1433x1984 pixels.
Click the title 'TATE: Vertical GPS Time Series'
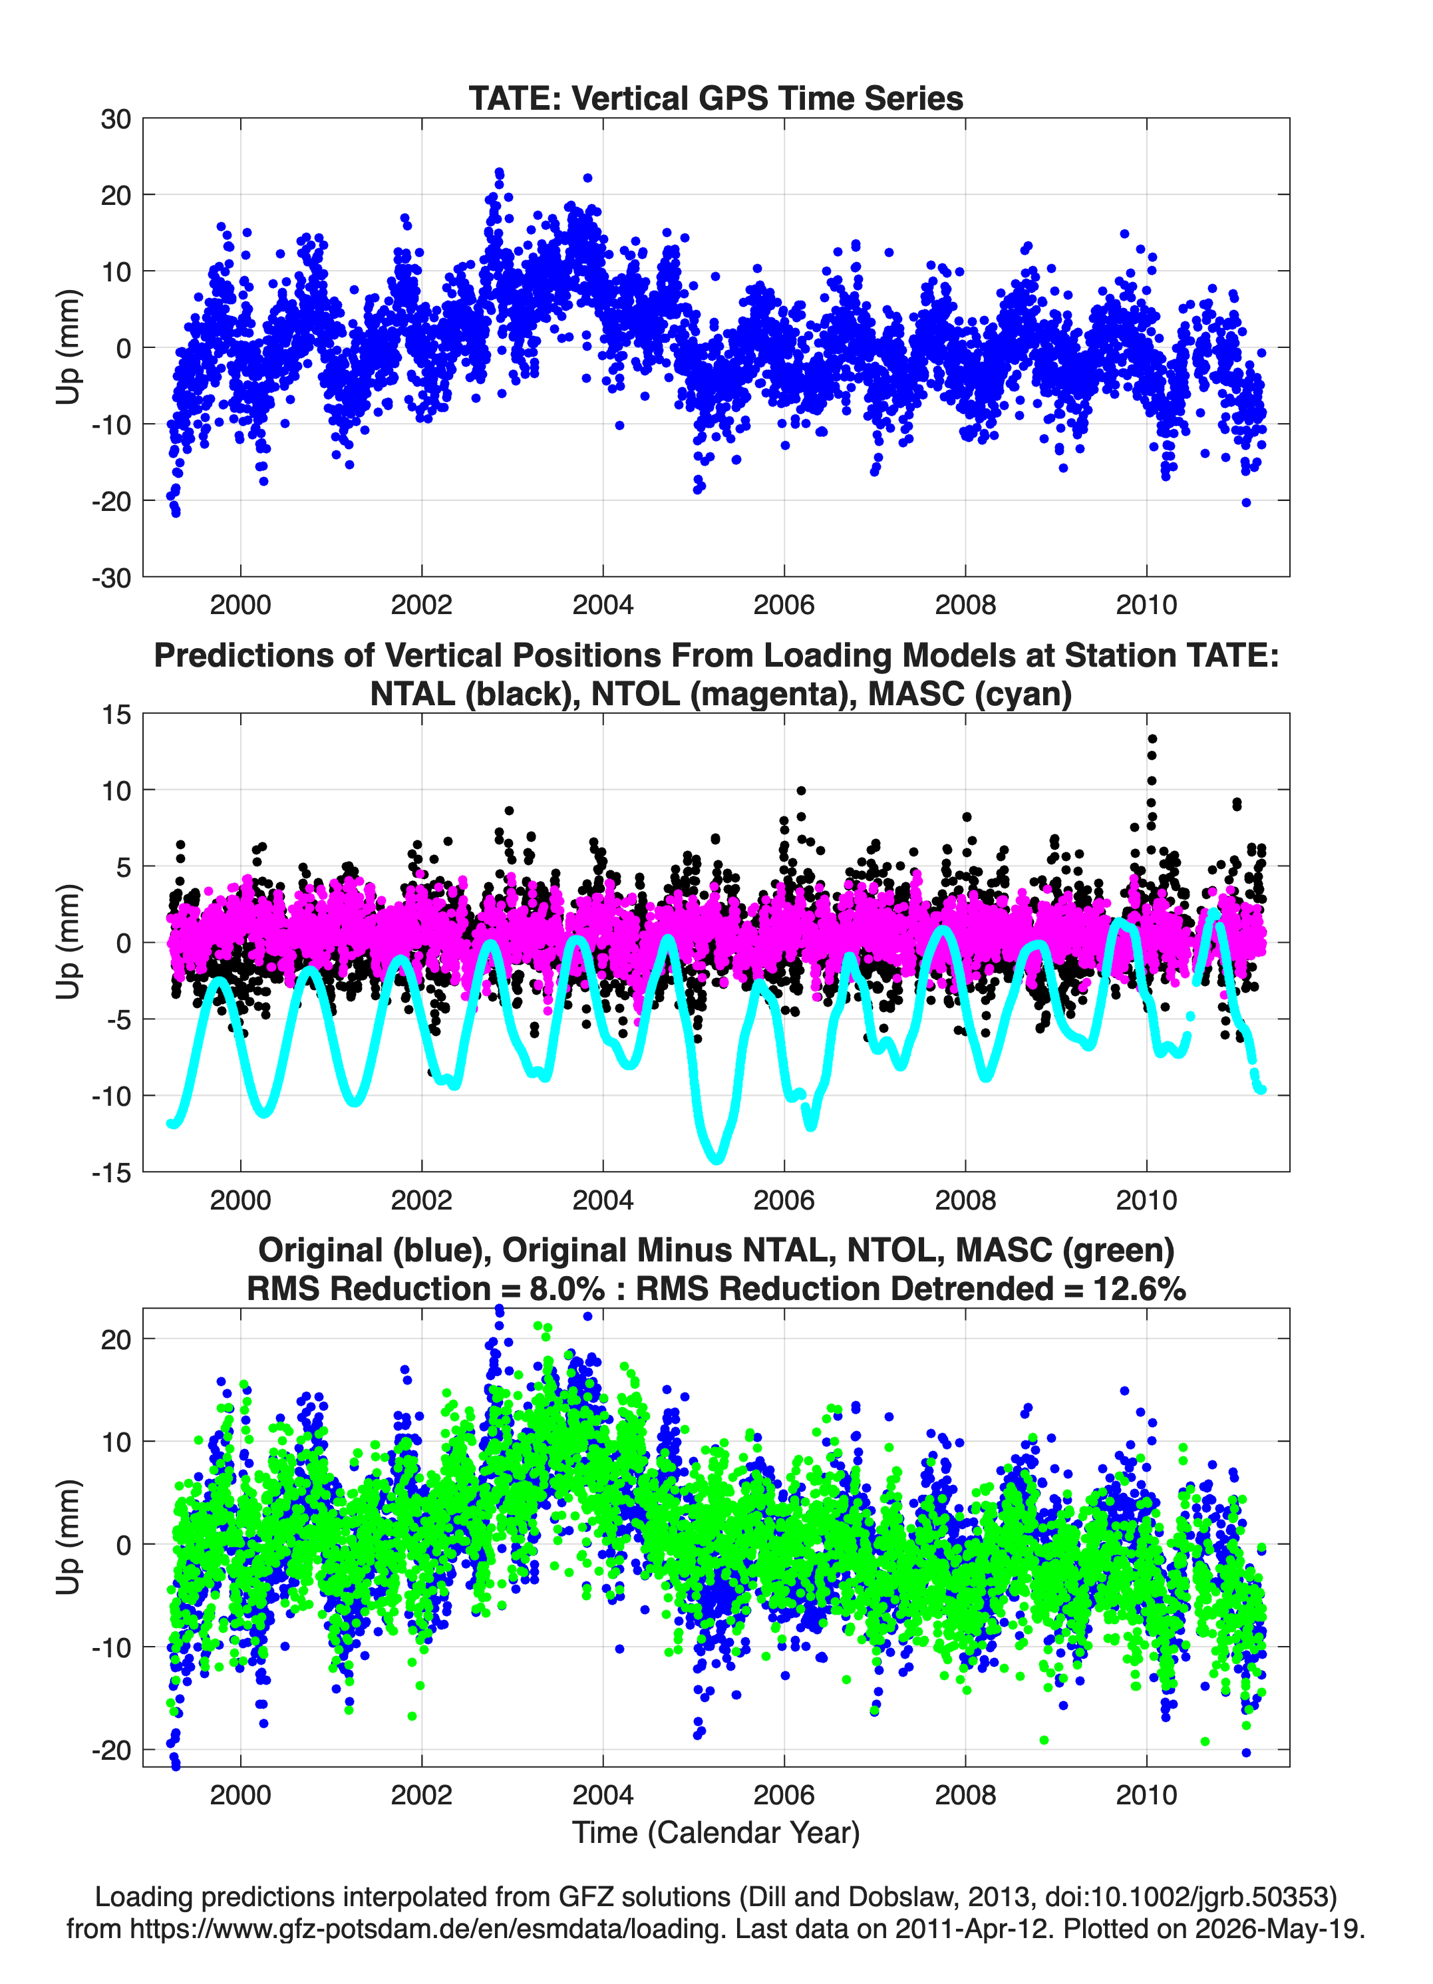(x=716, y=98)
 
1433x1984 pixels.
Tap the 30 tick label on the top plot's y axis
(x=116, y=119)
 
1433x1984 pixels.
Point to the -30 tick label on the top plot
(x=111, y=578)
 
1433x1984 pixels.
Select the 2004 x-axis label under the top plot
(x=603, y=605)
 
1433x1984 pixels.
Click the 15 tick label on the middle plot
(x=116, y=715)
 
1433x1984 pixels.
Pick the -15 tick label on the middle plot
(x=111, y=1172)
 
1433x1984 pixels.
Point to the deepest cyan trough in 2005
(x=717, y=1159)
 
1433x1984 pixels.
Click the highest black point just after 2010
(x=1152, y=739)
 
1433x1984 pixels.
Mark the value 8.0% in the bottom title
(x=567, y=1289)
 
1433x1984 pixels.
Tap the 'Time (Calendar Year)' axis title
(x=716, y=1832)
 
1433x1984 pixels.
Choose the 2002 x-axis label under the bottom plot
(x=422, y=1794)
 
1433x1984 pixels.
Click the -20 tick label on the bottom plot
(x=111, y=1750)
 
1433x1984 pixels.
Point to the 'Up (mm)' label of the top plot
(x=69, y=347)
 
